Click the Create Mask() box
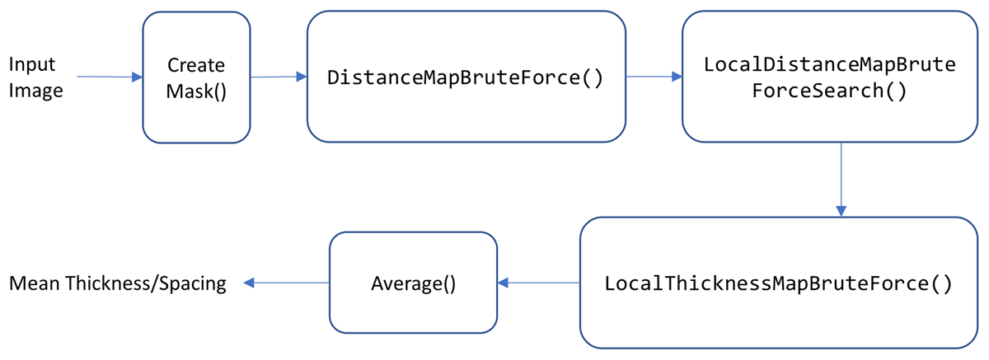pyautogui.click(x=196, y=77)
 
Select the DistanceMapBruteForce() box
pyautogui.click(x=466, y=77)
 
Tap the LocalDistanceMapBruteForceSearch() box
pyautogui.click(x=829, y=77)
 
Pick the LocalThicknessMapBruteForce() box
pyautogui.click(x=778, y=283)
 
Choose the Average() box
pyautogui.click(x=413, y=283)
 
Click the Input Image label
pyautogui.click(x=35, y=77)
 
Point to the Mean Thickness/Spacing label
pyautogui.click(x=117, y=283)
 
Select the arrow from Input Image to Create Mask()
pyautogui.click(x=110, y=77)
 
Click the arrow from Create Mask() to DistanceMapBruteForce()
pyautogui.click(x=279, y=77)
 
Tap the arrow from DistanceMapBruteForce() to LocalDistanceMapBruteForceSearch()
pyautogui.click(x=654, y=77)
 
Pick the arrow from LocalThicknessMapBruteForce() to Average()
pyautogui.click(x=538, y=283)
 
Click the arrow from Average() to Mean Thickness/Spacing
pyautogui.click(x=286, y=283)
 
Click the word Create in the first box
pyautogui.click(x=196, y=65)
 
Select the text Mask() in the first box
pyautogui.click(x=196, y=91)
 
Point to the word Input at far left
pyautogui.click(x=31, y=64)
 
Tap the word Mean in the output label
pyautogui.click(x=33, y=283)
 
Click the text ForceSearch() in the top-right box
pyautogui.click(x=829, y=91)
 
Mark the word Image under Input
pyautogui.click(x=35, y=90)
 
